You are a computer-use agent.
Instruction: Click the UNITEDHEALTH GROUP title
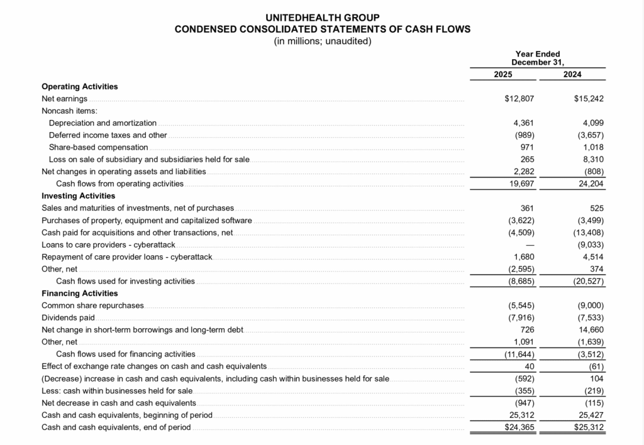click(322, 18)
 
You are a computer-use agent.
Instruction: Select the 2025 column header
click(502, 74)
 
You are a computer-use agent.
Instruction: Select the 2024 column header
click(572, 74)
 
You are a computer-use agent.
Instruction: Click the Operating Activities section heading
click(79, 87)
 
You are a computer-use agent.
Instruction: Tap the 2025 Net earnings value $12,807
click(519, 99)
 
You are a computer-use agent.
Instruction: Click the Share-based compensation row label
click(98, 147)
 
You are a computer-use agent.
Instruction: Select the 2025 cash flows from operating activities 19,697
click(520, 184)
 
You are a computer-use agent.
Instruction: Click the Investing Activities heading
click(78, 195)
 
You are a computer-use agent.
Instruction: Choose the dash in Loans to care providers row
click(529, 244)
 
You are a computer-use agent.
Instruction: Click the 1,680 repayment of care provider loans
click(523, 256)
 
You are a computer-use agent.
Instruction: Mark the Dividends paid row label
click(68, 317)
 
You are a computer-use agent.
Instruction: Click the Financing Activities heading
click(79, 293)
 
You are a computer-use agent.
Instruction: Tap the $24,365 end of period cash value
click(519, 427)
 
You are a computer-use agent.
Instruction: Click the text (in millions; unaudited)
click(322, 41)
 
